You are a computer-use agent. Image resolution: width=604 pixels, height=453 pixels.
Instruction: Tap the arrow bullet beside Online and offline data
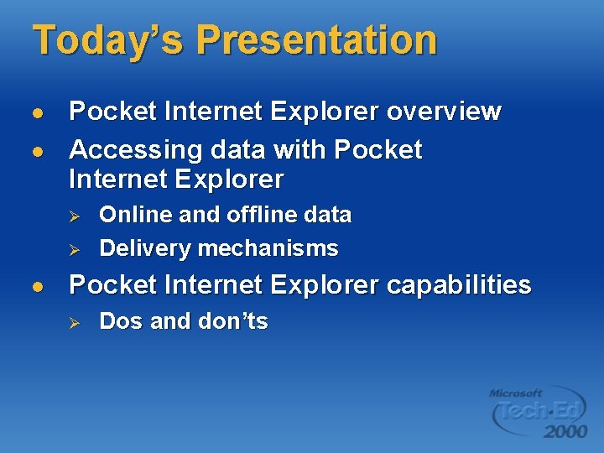(73, 216)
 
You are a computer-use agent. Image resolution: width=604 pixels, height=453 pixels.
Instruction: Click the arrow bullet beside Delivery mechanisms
(73, 249)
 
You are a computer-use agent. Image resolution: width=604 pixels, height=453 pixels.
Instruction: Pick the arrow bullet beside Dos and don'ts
(73, 322)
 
